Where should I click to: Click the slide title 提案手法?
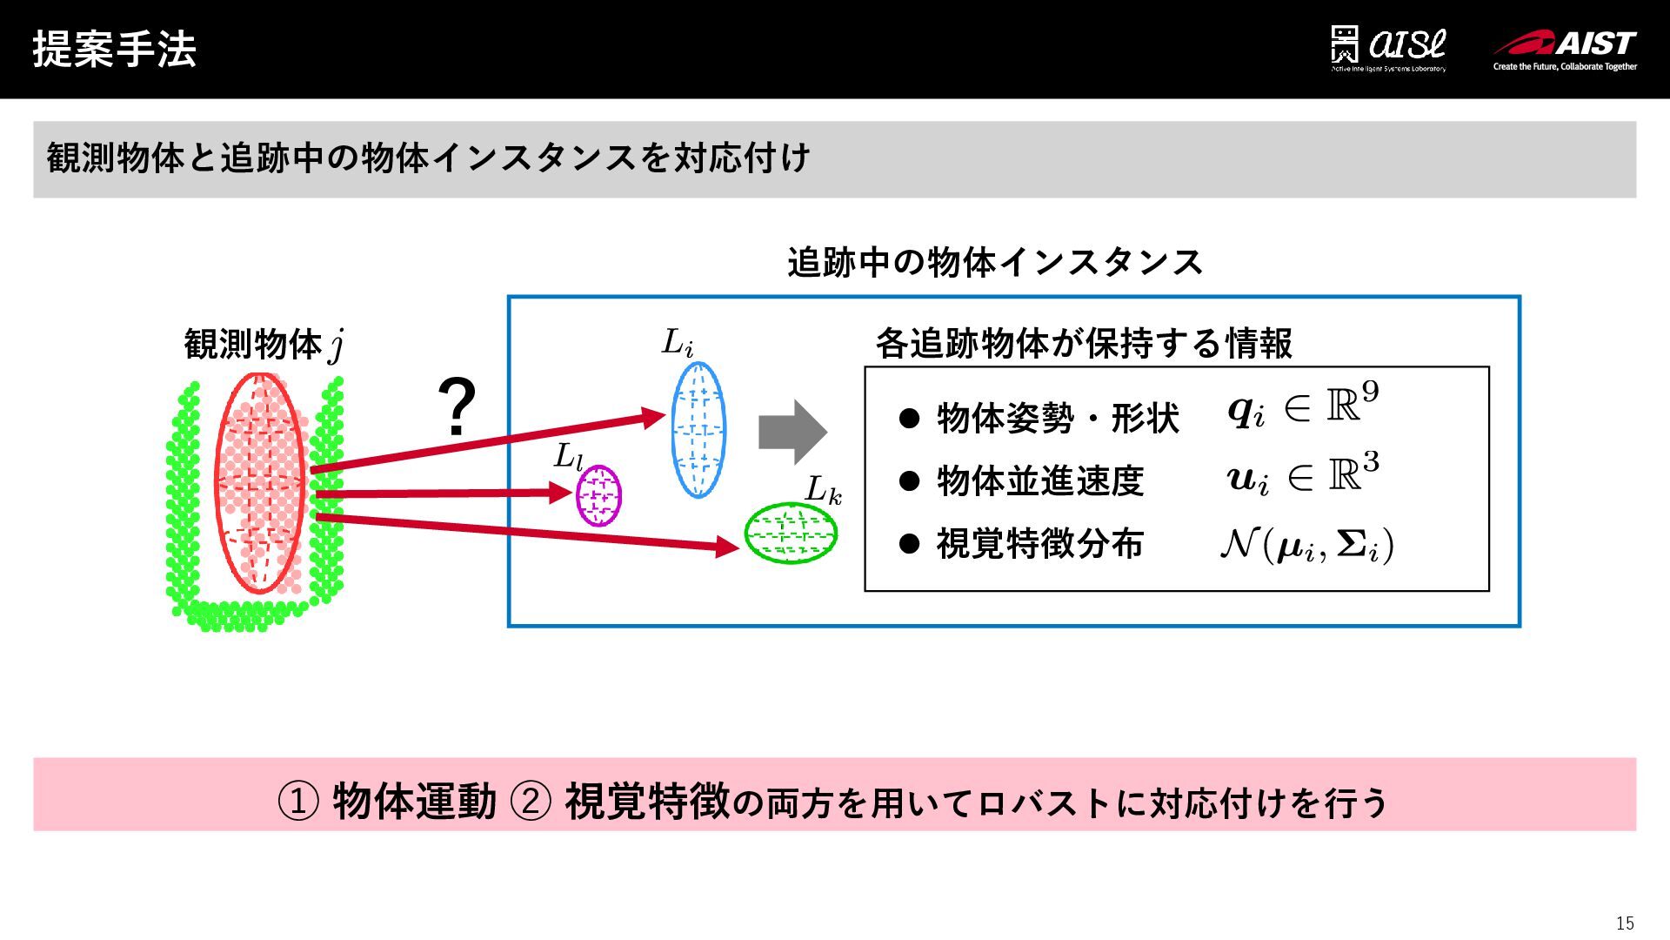114,49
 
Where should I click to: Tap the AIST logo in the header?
1565,50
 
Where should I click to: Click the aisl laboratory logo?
1389,49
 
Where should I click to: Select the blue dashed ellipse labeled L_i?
698,430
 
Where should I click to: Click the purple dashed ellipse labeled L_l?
598,496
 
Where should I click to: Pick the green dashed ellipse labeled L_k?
790,534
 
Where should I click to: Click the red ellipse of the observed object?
260,484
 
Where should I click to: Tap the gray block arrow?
792,432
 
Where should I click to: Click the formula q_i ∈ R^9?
1302,406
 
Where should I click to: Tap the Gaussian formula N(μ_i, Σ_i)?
1306,545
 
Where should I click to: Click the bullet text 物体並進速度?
1039,480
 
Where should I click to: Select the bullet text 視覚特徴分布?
1039,544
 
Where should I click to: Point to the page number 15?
1624,923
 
